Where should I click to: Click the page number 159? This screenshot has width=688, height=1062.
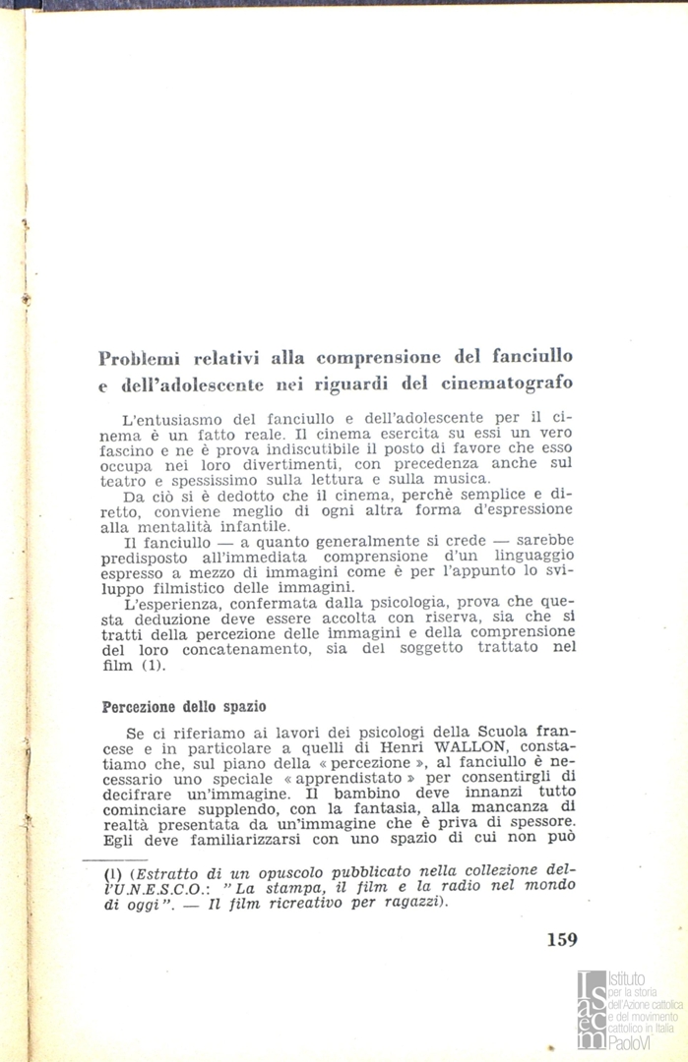[x=561, y=938]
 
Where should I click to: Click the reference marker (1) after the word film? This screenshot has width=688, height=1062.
[x=150, y=665]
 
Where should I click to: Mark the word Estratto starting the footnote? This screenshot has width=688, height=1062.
[x=169, y=871]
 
